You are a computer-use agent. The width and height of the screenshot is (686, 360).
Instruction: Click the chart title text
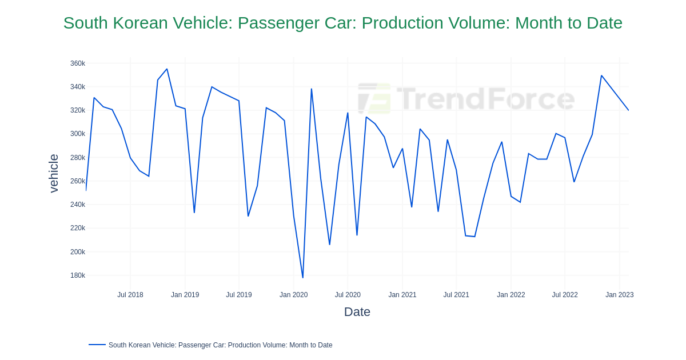pyautogui.click(x=342, y=23)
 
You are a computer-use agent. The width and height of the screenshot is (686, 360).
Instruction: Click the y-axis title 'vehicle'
pyautogui.click(x=54, y=173)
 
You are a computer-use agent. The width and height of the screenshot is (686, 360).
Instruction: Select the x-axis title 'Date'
pyautogui.click(x=357, y=312)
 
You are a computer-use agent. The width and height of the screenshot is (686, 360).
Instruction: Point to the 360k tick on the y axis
pyautogui.click(x=78, y=63)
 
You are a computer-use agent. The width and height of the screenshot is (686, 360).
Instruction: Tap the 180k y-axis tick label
pyautogui.click(x=78, y=275)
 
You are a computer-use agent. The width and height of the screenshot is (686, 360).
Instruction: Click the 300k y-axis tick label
pyautogui.click(x=78, y=134)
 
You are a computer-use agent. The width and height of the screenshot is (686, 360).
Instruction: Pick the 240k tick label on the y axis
pyautogui.click(x=78, y=205)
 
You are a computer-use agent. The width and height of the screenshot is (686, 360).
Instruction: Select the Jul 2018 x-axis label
pyautogui.click(x=130, y=295)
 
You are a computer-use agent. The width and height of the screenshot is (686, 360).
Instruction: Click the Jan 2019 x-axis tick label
pyautogui.click(x=185, y=295)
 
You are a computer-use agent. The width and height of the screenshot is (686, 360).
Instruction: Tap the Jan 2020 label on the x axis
pyautogui.click(x=293, y=295)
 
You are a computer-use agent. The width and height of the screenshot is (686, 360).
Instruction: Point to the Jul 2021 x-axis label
pyautogui.click(x=456, y=295)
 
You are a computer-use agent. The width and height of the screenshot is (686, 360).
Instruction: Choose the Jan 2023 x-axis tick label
pyautogui.click(x=619, y=295)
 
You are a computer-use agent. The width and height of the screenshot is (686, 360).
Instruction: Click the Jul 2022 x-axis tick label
pyautogui.click(x=565, y=295)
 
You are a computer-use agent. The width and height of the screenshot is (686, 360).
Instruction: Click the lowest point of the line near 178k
pyautogui.click(x=303, y=278)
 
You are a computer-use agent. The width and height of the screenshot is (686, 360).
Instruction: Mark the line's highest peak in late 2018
pyautogui.click(x=167, y=69)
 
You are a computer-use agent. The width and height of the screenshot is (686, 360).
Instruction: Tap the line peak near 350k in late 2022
pyautogui.click(x=601, y=75)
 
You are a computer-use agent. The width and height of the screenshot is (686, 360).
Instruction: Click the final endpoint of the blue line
pyautogui.click(x=628, y=110)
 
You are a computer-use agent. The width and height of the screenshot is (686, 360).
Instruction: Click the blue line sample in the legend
pyautogui.click(x=97, y=345)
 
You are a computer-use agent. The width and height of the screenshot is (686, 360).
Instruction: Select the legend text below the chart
pyautogui.click(x=220, y=345)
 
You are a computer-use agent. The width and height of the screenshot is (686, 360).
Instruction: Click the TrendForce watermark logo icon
pyautogui.click(x=374, y=98)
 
